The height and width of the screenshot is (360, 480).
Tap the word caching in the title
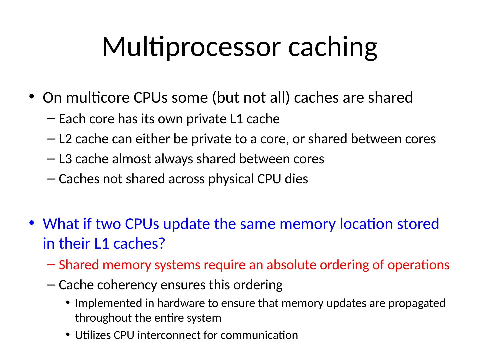click(333, 47)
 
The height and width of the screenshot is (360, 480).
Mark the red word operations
click(421, 265)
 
